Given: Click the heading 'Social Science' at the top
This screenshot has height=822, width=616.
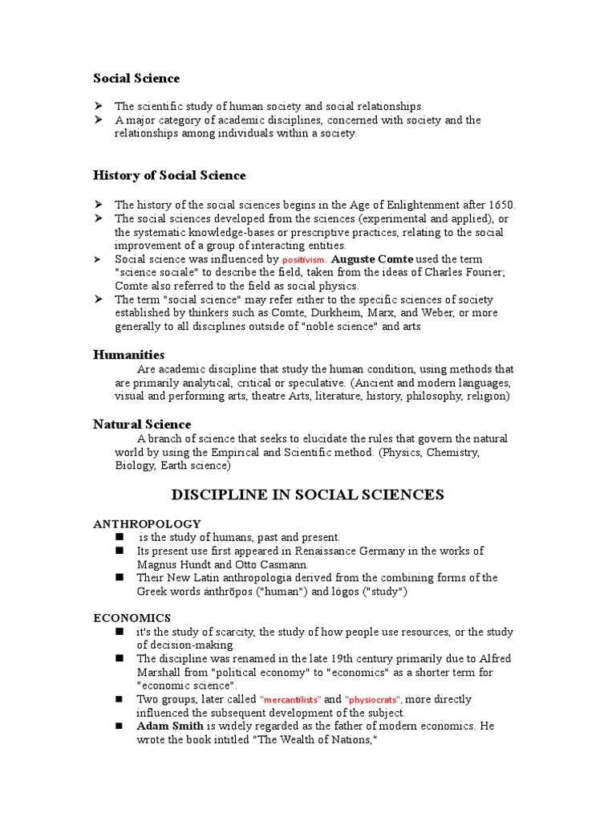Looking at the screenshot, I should pos(136,78).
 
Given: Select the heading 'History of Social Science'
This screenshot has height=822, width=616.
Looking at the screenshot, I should pos(169,175).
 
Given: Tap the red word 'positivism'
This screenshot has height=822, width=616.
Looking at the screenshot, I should pos(303,260).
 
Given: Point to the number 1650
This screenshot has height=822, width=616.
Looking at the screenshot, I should pos(500,205).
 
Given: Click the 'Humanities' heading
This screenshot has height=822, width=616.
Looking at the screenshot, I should pos(128,354).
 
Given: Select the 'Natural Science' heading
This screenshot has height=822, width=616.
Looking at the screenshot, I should pos(142,424).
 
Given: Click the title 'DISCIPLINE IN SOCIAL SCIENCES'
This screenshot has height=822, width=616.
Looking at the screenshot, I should pos(307,494).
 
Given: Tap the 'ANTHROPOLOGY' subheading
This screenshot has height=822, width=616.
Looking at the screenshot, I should pos(147,523).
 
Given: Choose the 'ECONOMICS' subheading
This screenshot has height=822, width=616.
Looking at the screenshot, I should pos(132,617).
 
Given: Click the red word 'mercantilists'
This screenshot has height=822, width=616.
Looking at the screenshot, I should pos(290,700).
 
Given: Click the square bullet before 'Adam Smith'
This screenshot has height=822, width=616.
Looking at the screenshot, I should pos(120,726).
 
